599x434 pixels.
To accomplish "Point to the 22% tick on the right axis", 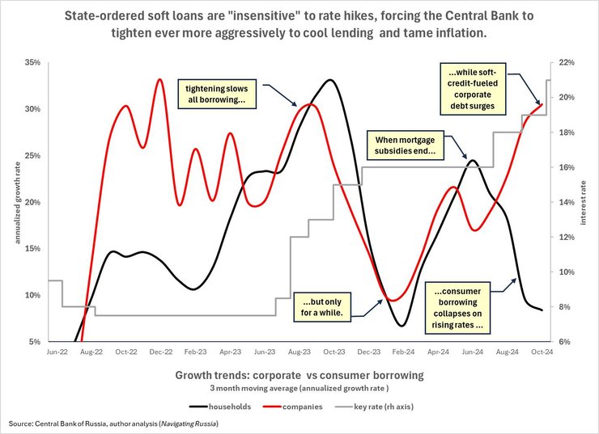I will click(567, 62).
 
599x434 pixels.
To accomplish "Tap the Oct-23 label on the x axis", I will click(330, 352).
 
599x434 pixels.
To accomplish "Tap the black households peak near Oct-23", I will click(329, 80).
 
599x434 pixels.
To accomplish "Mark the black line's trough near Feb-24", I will click(401, 326).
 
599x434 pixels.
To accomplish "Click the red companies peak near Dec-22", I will click(159, 79).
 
